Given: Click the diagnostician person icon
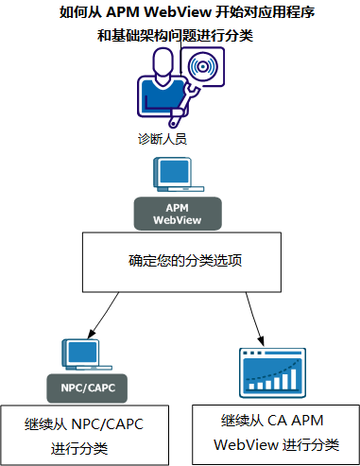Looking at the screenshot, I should (162, 91).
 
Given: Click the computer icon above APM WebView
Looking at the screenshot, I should (180, 175).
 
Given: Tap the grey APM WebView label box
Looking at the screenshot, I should (180, 214).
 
